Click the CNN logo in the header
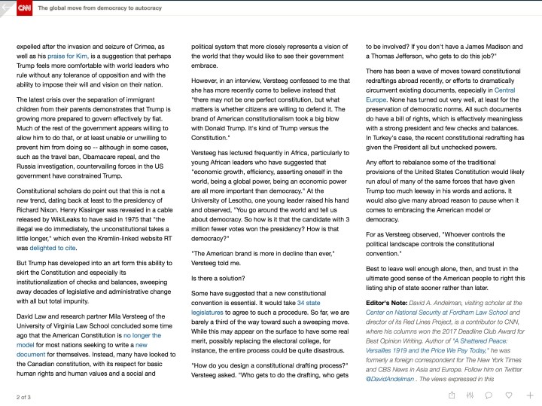coord(24,8)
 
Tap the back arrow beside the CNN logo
coord(8,8)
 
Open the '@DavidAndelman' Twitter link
coord(394,377)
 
